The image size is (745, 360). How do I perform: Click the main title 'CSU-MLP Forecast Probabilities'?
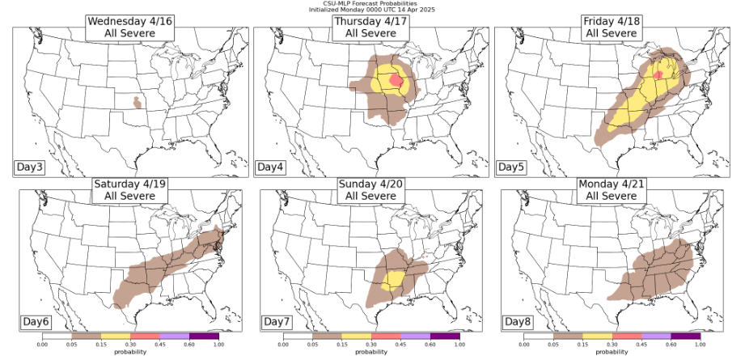(372, 3)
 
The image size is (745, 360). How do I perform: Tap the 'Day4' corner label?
(269, 167)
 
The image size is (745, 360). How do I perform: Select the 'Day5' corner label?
(510, 167)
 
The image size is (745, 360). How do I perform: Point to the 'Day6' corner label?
(36, 322)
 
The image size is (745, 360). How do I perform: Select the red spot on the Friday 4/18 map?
(658, 74)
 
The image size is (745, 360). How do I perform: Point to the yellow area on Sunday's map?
(395, 280)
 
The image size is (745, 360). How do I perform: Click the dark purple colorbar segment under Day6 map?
(204, 335)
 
